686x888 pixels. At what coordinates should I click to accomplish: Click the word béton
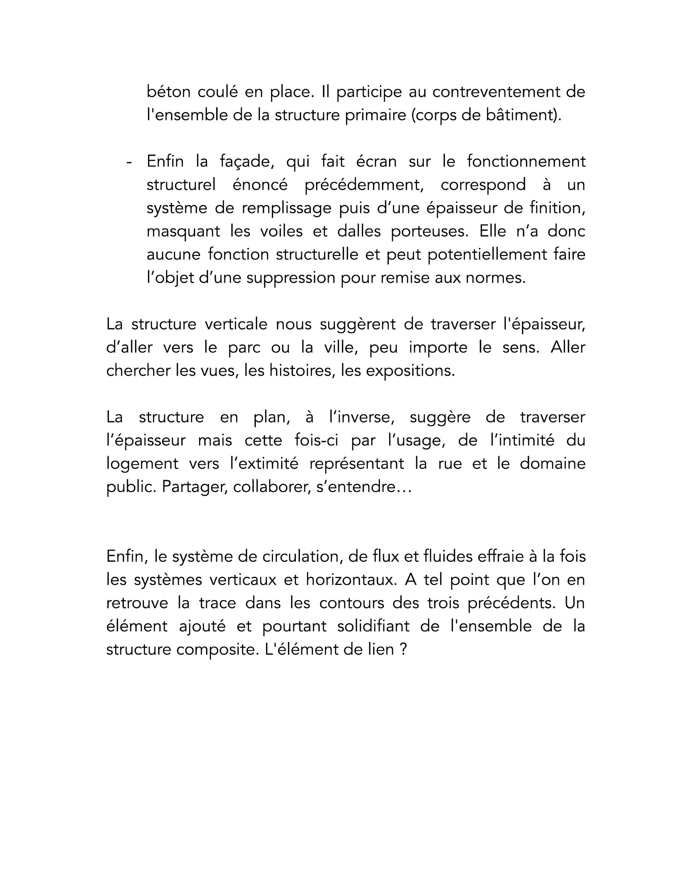(168, 92)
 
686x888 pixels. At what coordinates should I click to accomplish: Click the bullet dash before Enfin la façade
(129, 162)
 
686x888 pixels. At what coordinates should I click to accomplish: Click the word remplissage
(287, 208)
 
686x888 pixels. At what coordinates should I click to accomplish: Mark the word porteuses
(429, 231)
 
